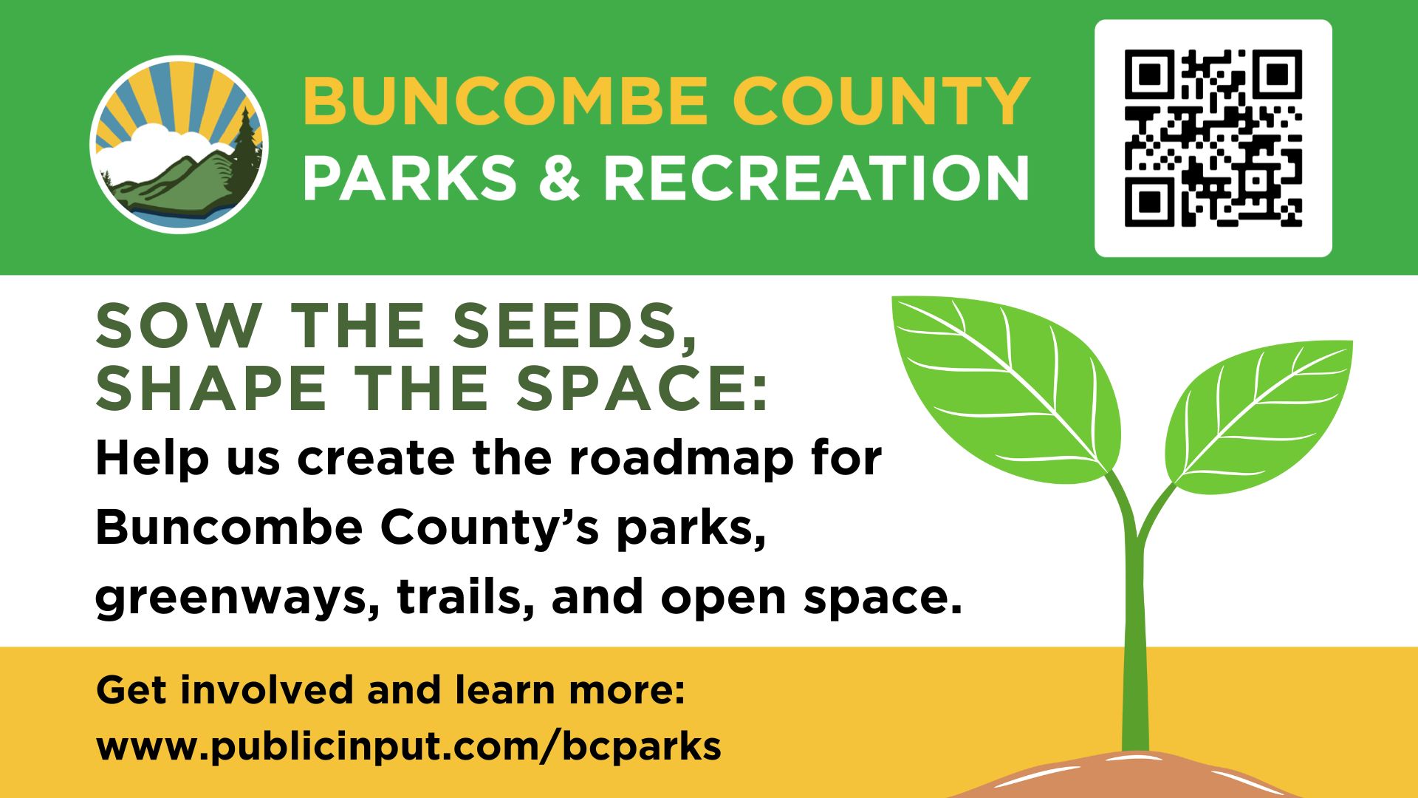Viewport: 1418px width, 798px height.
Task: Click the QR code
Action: click(1213, 138)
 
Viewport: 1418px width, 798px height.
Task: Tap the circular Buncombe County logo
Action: click(179, 145)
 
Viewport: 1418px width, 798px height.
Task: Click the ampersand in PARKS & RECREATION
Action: click(560, 178)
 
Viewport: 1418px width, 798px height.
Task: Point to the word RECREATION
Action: click(817, 178)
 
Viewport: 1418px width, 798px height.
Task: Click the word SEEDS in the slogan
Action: click(575, 327)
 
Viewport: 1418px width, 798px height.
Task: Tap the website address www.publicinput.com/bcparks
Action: click(408, 746)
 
